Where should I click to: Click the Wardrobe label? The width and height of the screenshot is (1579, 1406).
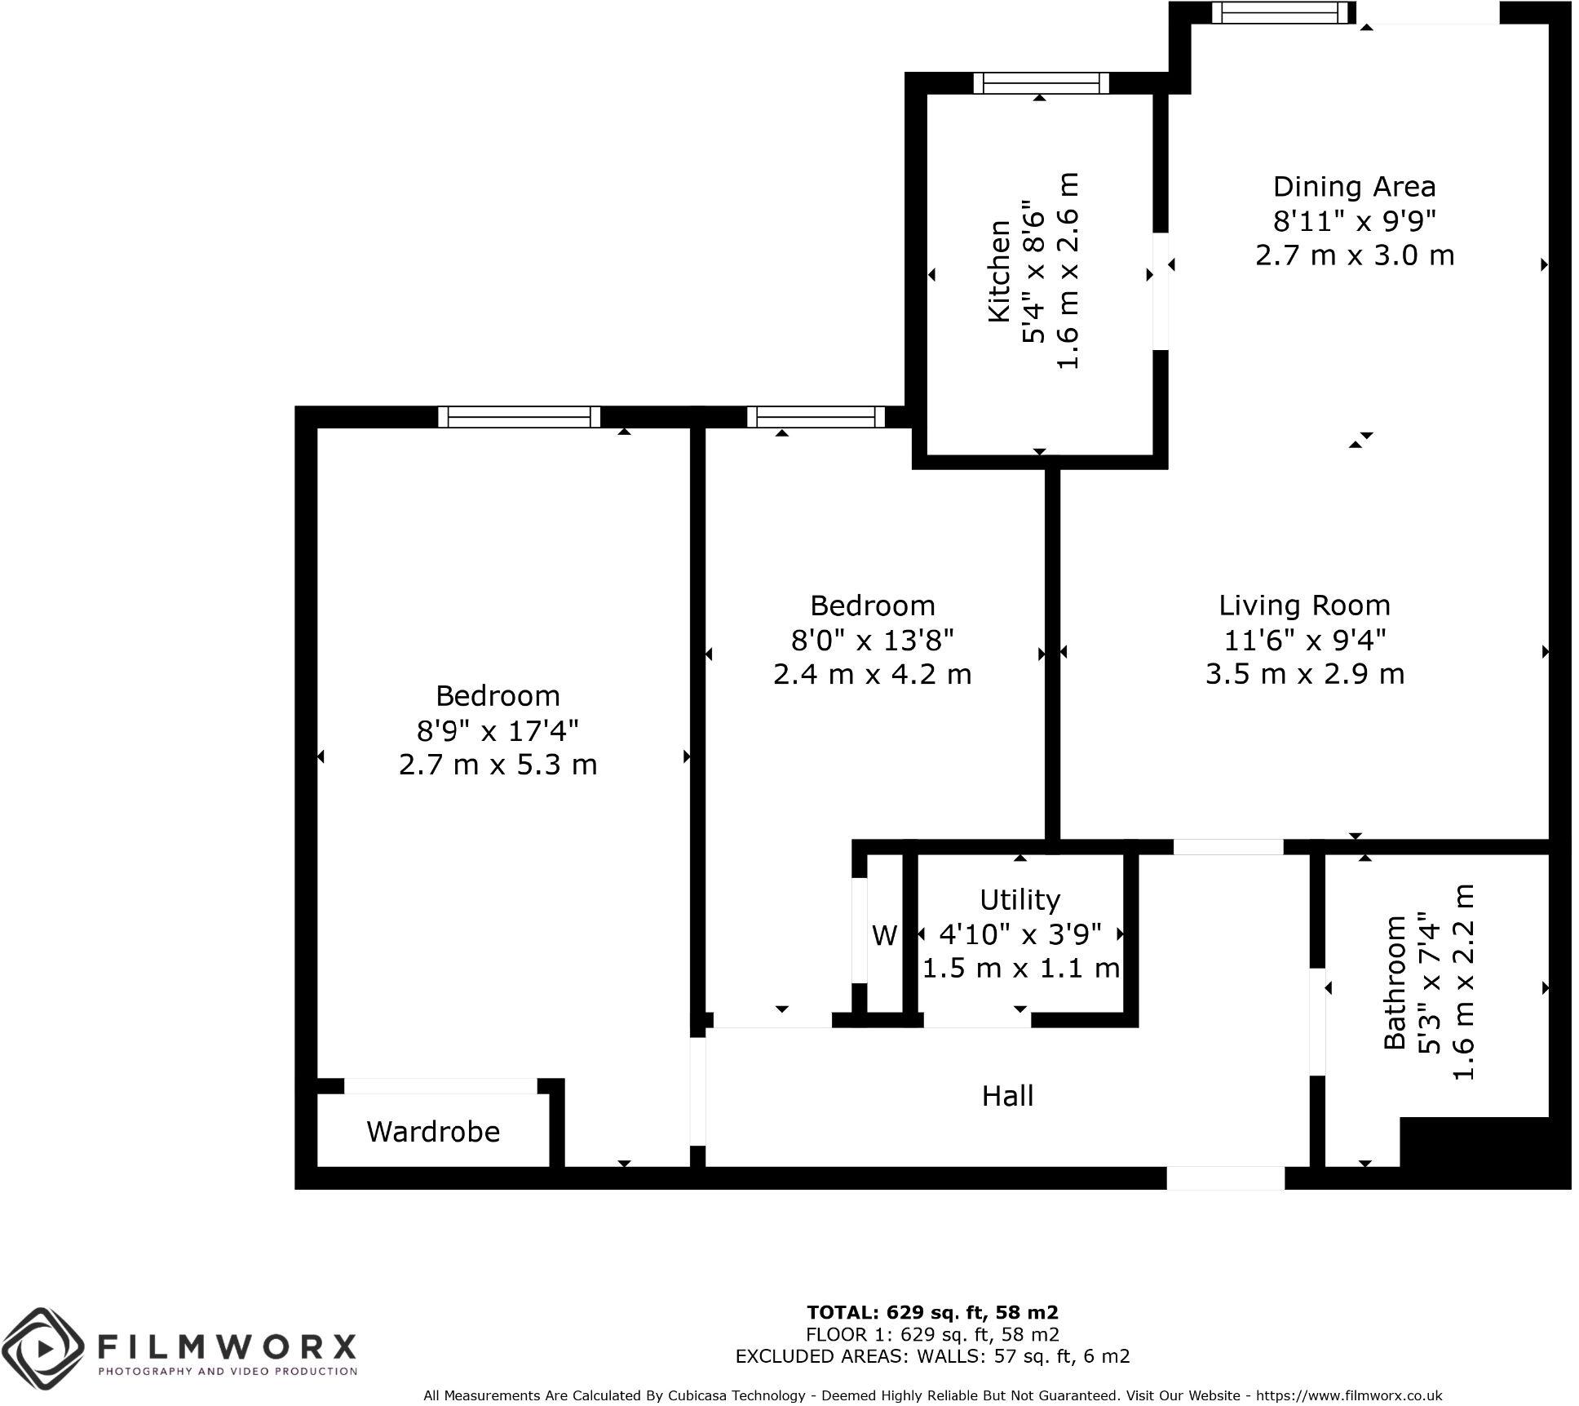click(x=432, y=1131)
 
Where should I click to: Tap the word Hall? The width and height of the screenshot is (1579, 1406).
click(x=1007, y=1095)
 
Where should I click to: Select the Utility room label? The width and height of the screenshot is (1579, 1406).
click(x=1019, y=899)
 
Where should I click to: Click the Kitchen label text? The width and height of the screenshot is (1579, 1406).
click(x=999, y=271)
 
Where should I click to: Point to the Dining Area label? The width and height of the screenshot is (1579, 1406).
click(x=1354, y=187)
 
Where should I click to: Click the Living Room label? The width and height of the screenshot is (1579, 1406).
click(x=1304, y=605)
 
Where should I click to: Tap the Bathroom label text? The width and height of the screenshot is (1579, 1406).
click(x=1394, y=982)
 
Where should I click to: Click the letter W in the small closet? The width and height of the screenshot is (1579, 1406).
click(x=884, y=935)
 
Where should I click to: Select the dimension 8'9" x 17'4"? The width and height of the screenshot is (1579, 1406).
click(x=498, y=730)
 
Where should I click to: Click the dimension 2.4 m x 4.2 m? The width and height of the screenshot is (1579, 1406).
click(x=872, y=675)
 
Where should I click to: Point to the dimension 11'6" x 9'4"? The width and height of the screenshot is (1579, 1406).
click(x=1305, y=641)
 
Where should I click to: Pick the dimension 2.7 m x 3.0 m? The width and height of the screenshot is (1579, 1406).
click(x=1354, y=255)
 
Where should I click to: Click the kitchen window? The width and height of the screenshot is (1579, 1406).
click(x=1042, y=83)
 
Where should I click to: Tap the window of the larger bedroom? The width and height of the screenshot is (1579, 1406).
click(x=519, y=417)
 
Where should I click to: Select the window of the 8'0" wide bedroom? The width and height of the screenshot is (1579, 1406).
click(x=816, y=417)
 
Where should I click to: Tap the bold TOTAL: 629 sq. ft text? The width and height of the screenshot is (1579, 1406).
click(x=932, y=1312)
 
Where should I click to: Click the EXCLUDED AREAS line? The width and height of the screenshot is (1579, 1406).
click(x=932, y=1356)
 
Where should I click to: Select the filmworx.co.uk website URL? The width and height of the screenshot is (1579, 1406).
click(x=1349, y=1395)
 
